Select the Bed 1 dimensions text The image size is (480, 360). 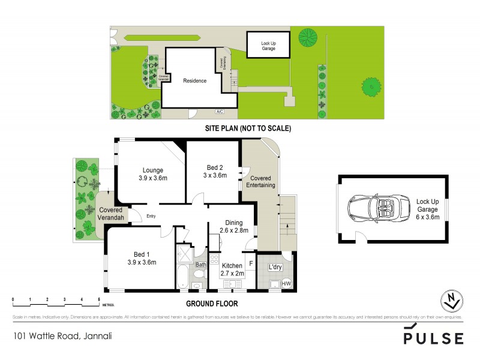142,262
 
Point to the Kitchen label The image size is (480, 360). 231,265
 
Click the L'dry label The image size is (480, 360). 275,267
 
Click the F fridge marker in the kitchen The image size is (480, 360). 251,263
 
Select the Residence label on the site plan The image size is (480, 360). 194,81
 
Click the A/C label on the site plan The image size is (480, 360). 220,112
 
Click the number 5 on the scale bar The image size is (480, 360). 99,299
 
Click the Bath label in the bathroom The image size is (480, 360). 200,265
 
